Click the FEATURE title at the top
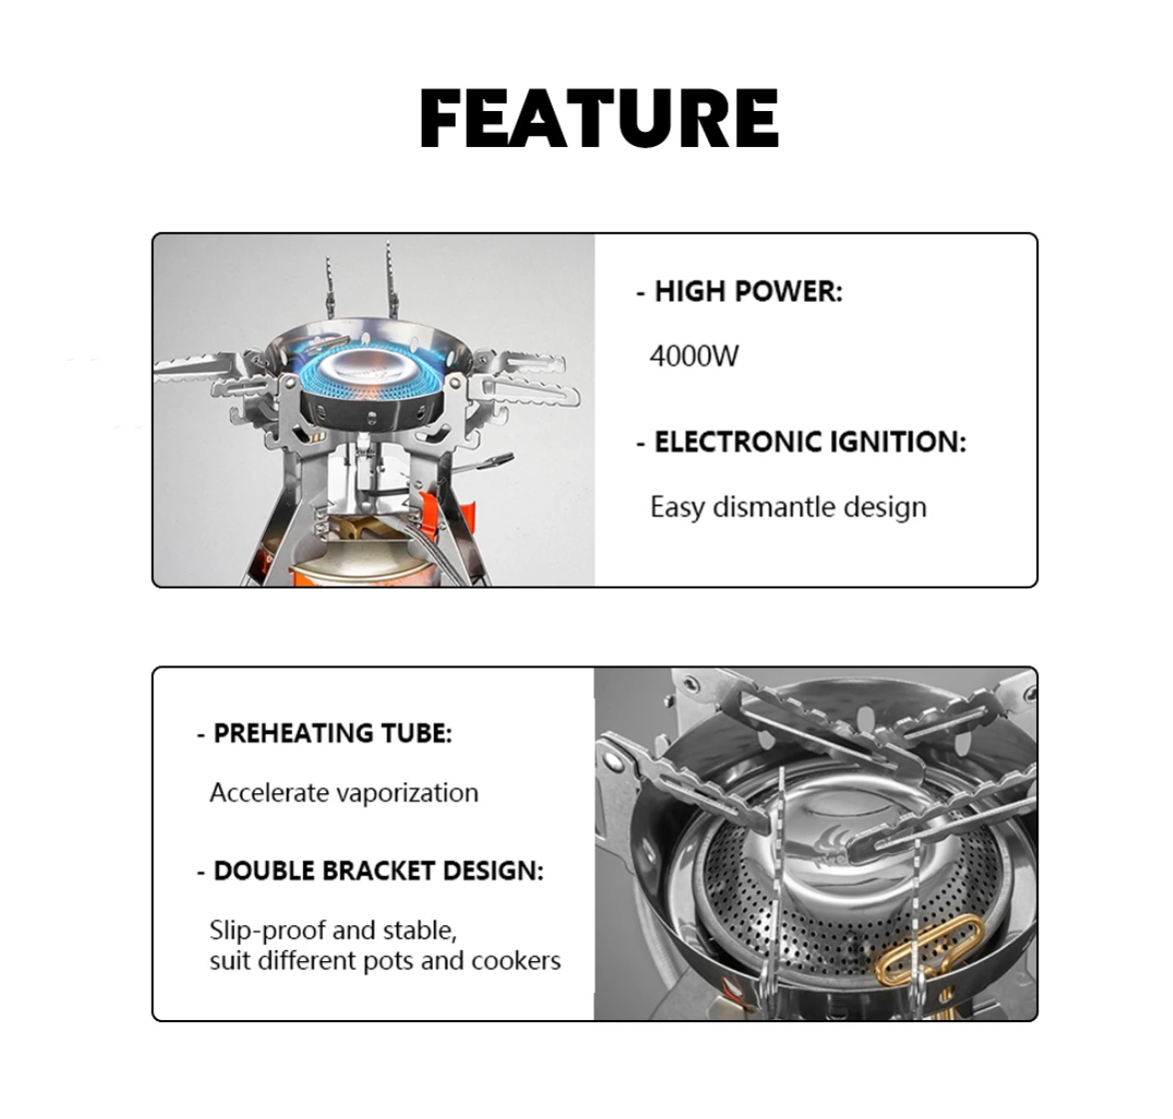pyautogui.click(x=599, y=119)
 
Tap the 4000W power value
pyautogui.click(x=694, y=356)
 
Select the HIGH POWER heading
pyautogui.click(x=748, y=292)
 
